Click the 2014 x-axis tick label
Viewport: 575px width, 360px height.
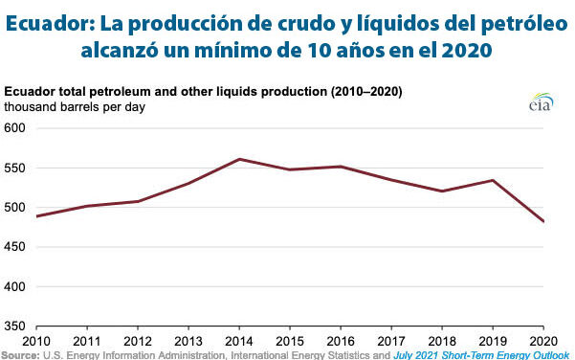pyautogui.click(x=238, y=342)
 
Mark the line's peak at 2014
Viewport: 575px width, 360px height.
pyautogui.click(x=239, y=159)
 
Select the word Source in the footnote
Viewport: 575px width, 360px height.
pyautogui.click(x=20, y=355)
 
